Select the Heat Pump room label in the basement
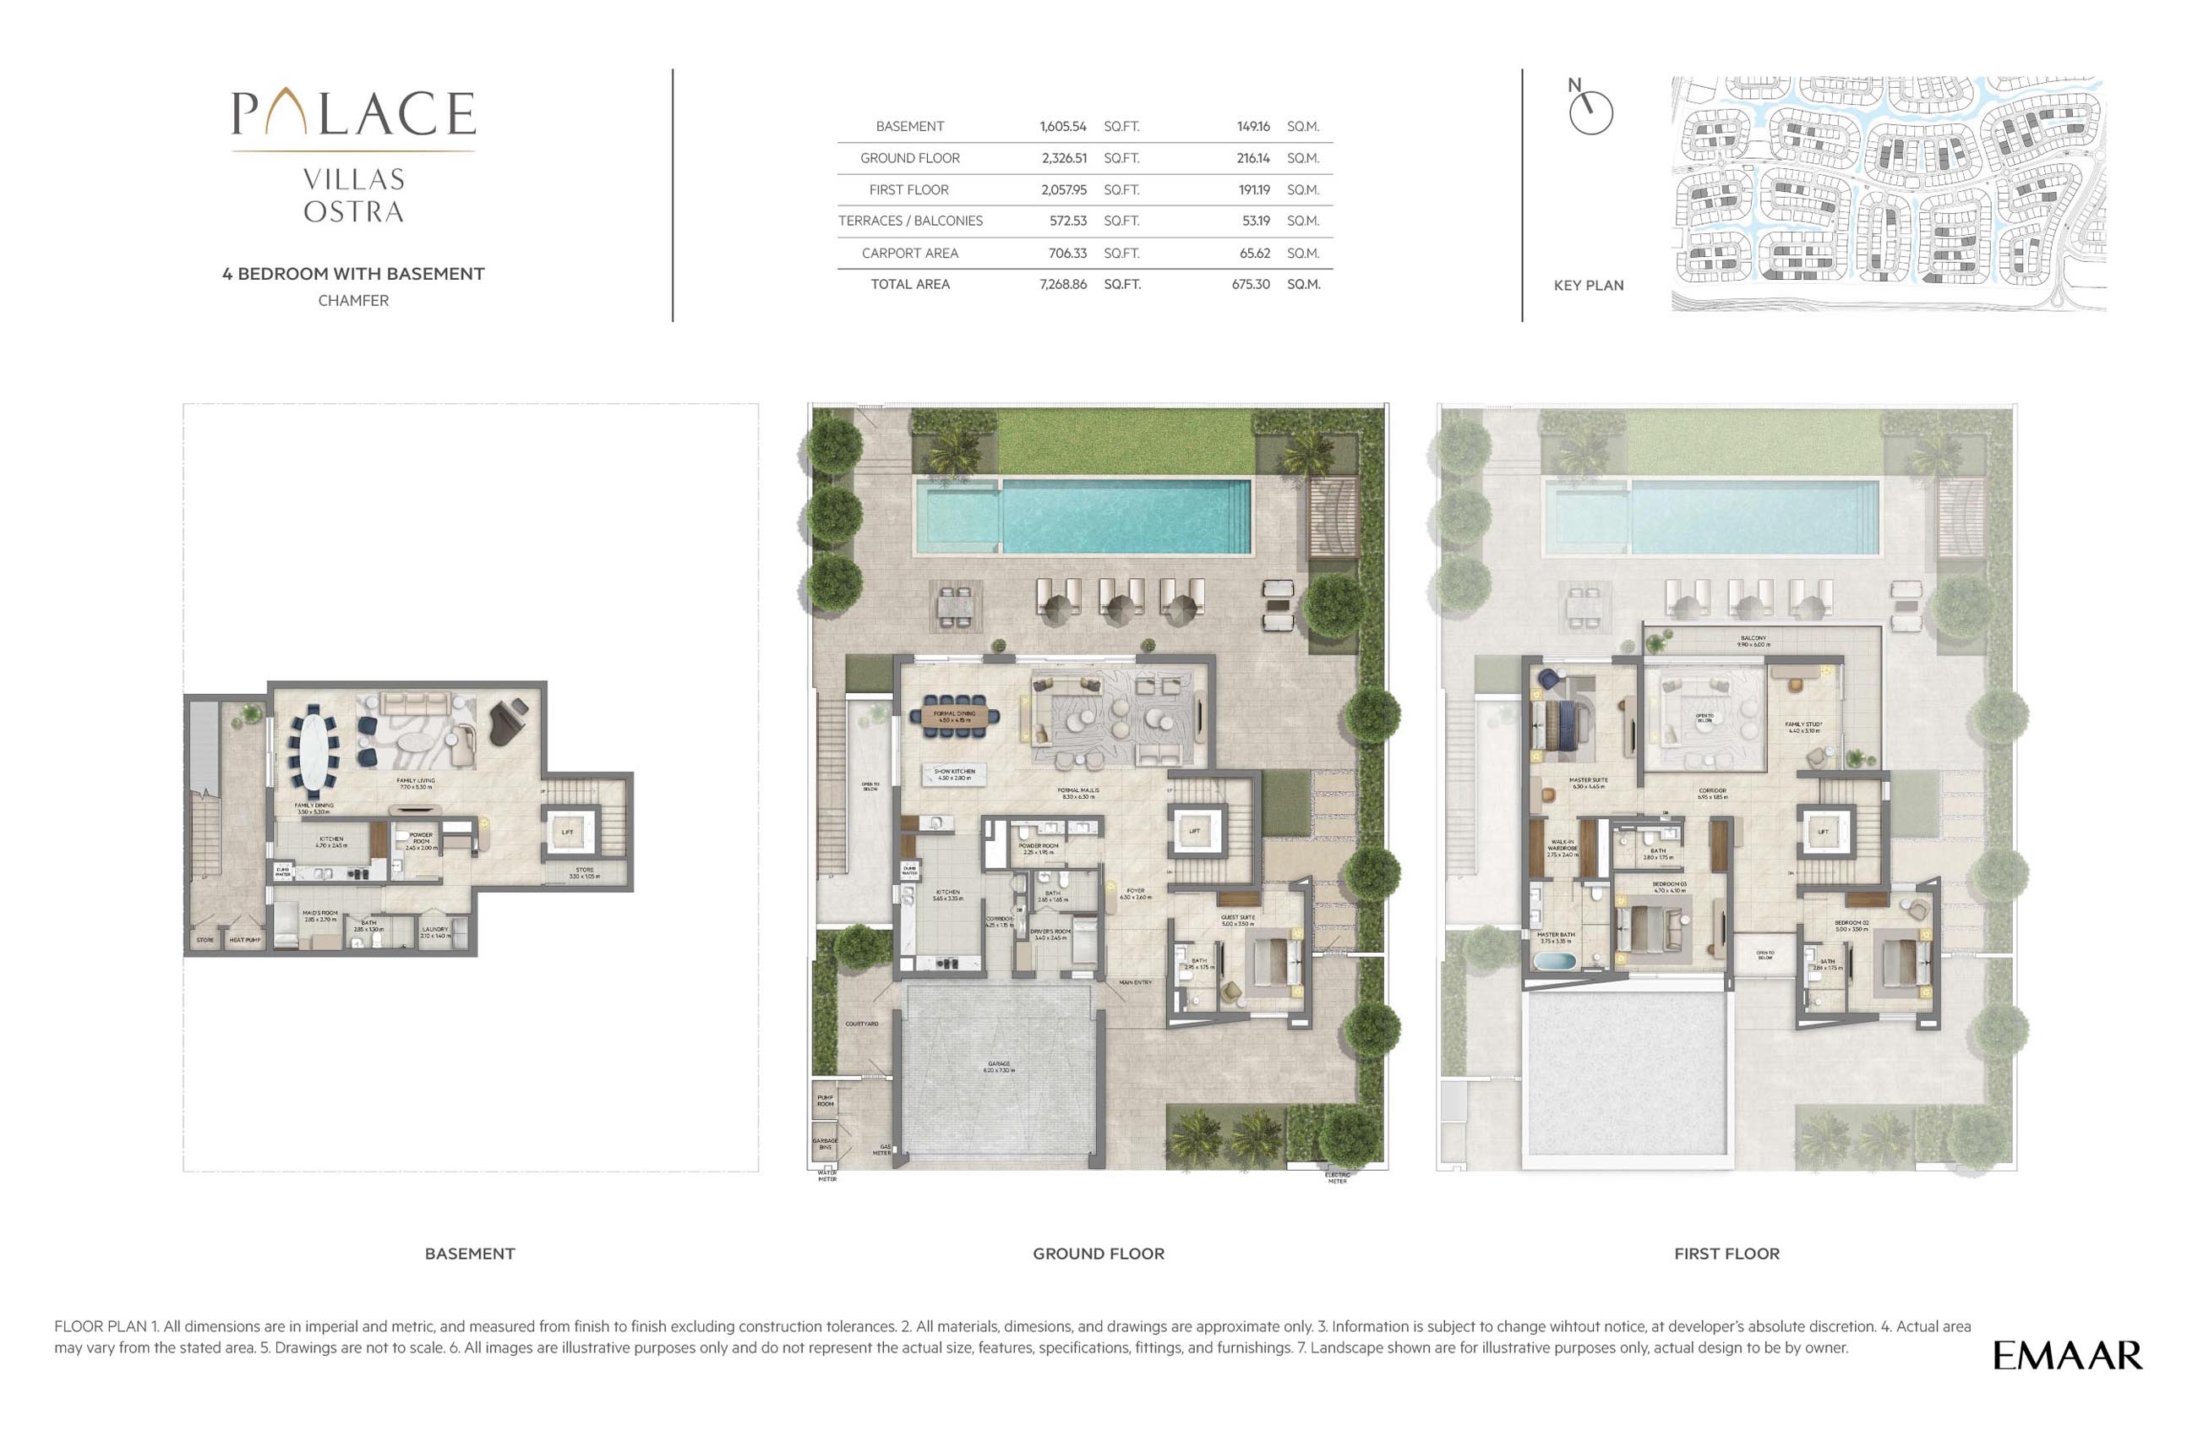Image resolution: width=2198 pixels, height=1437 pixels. coord(245,940)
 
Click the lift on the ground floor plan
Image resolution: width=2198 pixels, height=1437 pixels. coord(1194,831)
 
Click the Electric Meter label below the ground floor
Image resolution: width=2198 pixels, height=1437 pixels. coord(1337,1177)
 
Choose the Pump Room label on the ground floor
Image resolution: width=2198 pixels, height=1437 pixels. coord(825,1101)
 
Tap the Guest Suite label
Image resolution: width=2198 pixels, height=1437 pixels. coord(1237,920)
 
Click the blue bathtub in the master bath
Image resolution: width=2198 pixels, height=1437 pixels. coord(1556,961)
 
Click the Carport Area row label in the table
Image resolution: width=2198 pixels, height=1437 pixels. coord(909,253)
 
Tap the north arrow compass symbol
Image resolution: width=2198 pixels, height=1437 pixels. coord(1590,112)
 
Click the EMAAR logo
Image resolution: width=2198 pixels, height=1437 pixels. coord(2067,1356)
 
